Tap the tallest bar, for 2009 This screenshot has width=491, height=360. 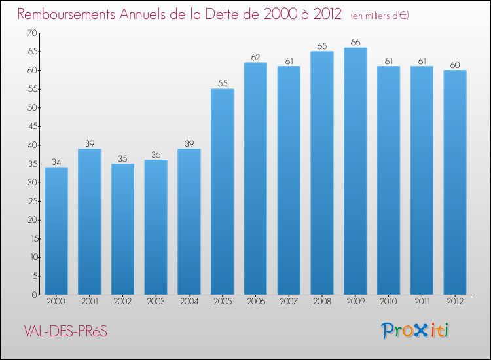(x=355, y=171)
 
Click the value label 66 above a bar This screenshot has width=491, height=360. (x=355, y=43)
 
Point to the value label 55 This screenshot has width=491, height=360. (x=223, y=84)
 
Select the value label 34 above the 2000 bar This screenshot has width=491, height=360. (x=56, y=162)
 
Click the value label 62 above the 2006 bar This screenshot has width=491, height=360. (x=255, y=58)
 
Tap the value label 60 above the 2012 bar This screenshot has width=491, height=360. (x=455, y=65)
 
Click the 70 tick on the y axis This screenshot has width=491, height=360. (x=30, y=33)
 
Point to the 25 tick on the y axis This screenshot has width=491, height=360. (x=30, y=201)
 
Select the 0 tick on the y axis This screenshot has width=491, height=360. (x=33, y=295)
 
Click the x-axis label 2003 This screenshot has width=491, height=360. (x=156, y=302)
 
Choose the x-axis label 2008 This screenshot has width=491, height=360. (x=322, y=302)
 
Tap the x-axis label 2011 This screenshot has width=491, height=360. (x=422, y=302)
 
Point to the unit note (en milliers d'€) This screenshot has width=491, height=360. (x=380, y=15)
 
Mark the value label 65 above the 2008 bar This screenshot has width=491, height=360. (x=322, y=46)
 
